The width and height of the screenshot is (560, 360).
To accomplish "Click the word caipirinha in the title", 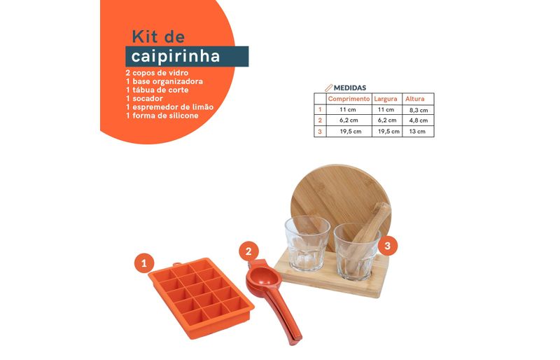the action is point(176,56).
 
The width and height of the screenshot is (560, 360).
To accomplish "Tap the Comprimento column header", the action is point(349,99).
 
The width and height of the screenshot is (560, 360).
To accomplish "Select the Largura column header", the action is point(386,99).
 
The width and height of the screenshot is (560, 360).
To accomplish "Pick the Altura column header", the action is point(414,99).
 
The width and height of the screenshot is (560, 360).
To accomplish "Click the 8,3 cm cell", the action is point(419,110).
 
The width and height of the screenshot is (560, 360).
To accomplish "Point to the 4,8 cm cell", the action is point(419,120).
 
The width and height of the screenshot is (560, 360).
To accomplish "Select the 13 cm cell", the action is point(417,131).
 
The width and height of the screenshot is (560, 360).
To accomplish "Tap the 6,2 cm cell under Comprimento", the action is point(349,120).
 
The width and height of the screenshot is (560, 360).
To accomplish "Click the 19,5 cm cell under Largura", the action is point(388,131).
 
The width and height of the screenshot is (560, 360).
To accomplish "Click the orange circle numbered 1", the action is point(144,263).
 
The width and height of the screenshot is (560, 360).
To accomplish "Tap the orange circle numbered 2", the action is point(248,251).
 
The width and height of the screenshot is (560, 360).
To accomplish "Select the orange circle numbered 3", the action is point(388,246).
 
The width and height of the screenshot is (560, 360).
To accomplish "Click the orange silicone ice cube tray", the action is point(201,298).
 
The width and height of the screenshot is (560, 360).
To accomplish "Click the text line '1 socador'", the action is point(144,98).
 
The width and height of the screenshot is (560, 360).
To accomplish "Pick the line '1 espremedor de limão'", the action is point(169,107).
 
